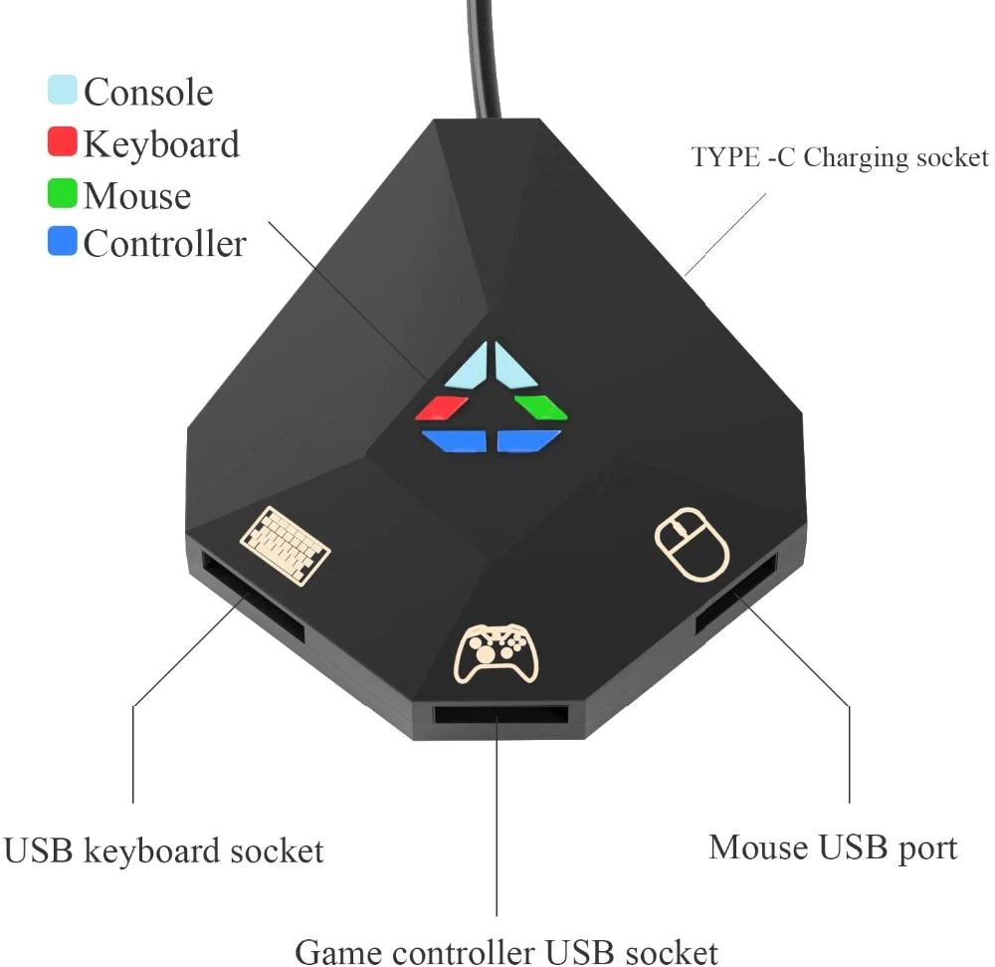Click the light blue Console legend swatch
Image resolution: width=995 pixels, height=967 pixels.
coord(62,90)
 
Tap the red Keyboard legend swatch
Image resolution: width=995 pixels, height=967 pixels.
coord(62,141)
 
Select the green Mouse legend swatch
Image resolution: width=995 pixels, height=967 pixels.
coord(62,193)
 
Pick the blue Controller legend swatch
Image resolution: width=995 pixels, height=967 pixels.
coord(62,241)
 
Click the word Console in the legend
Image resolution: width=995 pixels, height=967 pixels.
coord(148,92)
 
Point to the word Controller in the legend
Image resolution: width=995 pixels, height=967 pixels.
coord(165,244)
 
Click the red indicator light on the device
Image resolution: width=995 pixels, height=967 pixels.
coord(442,408)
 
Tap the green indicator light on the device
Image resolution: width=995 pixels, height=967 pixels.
coord(540,407)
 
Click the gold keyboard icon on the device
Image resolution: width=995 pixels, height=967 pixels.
coord(285,546)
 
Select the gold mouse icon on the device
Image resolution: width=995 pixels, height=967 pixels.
coord(692,544)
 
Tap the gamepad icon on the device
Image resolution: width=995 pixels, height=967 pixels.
coord(497,653)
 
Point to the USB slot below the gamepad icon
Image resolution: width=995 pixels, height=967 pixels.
coord(500,715)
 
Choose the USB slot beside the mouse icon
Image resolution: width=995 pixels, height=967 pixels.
coord(736,595)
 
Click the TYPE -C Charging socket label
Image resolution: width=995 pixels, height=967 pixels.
coord(840,157)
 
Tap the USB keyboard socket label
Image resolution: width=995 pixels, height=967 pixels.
coord(164,850)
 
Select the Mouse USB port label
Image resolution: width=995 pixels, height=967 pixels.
coord(833,848)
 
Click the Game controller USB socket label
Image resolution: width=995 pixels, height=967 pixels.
coord(506,950)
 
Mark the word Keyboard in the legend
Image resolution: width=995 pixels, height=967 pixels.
coord(162,144)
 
